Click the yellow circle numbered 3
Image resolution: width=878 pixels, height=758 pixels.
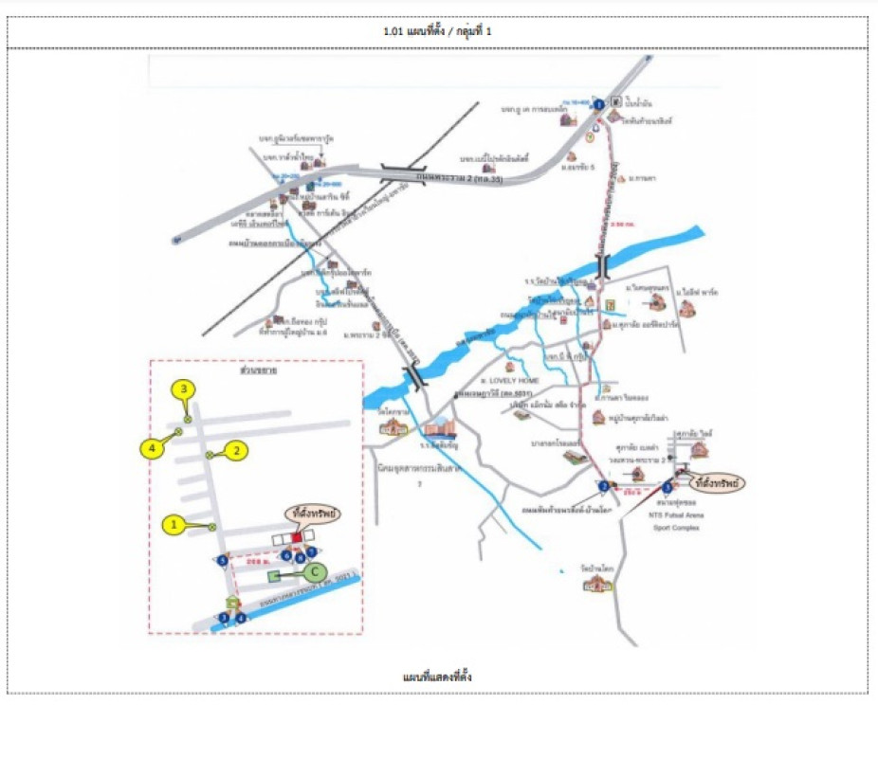[183, 388]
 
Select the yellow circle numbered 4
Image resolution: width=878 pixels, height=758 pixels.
[152, 447]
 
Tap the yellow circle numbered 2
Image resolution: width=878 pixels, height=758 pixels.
[237, 452]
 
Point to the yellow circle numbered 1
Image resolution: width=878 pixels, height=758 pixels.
[173, 523]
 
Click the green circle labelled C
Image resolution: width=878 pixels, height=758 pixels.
[316, 572]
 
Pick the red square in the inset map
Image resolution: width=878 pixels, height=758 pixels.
[296, 537]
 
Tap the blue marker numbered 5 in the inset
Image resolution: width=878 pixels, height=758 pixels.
[222, 560]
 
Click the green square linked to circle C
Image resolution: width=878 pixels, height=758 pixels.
[275, 574]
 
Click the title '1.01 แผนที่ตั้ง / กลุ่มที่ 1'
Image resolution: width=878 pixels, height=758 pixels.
[437, 31]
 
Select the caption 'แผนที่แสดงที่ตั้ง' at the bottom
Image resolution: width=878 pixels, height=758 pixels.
[437, 677]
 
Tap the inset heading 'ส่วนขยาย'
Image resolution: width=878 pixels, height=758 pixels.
[256, 370]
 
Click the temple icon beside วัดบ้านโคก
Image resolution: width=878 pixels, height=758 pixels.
[595, 585]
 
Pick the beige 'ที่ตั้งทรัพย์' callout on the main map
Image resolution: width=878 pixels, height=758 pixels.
[716, 482]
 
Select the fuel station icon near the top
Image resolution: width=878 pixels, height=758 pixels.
[615, 101]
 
